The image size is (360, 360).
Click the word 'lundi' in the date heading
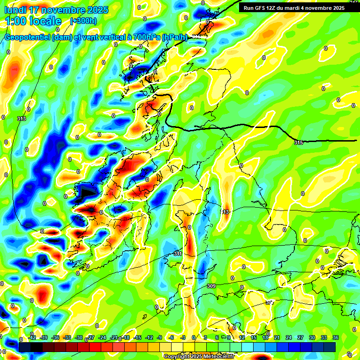click(16, 10)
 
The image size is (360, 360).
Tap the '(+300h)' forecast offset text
click(83, 21)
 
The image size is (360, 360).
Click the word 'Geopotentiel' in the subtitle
click(28, 37)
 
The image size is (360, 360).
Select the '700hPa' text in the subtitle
click(146, 37)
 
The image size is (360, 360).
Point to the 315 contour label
click(299, 142)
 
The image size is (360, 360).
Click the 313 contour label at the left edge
click(21, 119)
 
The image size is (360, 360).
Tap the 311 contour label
click(178, 254)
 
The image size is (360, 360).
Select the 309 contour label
click(211, 286)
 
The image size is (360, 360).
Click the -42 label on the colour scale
click(32, 337)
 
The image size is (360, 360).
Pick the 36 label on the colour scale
click(336, 337)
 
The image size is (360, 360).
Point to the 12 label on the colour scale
click(241, 337)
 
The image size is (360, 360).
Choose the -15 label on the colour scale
click(138, 337)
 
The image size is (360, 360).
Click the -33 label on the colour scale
click(67, 337)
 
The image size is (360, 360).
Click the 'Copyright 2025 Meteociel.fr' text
click(199, 356)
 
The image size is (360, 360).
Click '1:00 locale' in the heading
click(33, 21)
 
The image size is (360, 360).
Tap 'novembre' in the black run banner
click(319, 7)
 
